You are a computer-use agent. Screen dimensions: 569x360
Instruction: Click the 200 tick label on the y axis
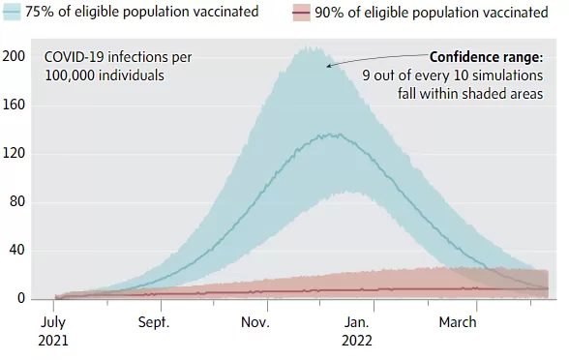point(14,56)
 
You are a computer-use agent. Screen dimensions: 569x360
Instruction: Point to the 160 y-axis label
point(14,105)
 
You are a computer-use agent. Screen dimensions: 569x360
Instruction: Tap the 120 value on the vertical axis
point(14,153)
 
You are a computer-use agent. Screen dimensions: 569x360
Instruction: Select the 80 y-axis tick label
point(17,201)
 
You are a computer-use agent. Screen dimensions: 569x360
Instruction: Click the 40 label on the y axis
point(17,250)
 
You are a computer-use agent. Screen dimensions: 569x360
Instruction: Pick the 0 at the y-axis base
point(21,298)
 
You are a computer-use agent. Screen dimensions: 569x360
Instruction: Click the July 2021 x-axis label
point(53,331)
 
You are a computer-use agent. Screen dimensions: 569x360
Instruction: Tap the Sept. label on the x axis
point(154,322)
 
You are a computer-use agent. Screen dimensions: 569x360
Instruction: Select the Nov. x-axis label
point(255,322)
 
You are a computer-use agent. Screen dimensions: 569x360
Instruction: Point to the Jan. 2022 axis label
point(357,331)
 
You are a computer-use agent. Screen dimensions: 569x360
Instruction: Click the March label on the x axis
point(458,322)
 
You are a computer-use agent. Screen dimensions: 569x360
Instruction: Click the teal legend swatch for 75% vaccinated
point(12,13)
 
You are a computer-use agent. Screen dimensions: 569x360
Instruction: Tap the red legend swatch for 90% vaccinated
point(301,13)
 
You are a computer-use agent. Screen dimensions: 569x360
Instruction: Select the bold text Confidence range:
point(486,57)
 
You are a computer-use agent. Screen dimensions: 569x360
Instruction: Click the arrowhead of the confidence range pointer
point(328,66)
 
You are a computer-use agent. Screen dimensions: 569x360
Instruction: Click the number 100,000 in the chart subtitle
point(70,75)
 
